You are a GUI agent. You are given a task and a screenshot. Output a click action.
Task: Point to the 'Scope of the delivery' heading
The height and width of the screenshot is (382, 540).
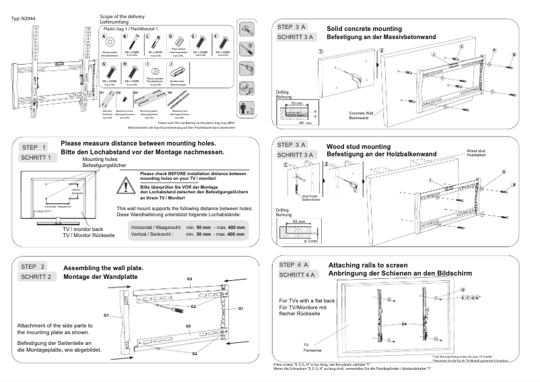pos(122,16)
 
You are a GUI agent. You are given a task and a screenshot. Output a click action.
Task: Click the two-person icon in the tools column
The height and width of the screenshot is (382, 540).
pos(246,107)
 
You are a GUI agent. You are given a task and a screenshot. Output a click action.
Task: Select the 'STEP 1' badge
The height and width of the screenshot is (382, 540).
pos(34,147)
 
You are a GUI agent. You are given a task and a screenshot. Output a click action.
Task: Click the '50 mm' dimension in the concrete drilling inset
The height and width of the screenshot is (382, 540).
pos(297,104)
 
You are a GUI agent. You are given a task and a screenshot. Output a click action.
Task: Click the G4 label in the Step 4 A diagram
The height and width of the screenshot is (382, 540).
pos(404,324)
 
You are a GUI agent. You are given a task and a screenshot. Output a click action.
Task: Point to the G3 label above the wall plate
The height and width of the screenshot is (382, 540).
pos(190,279)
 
